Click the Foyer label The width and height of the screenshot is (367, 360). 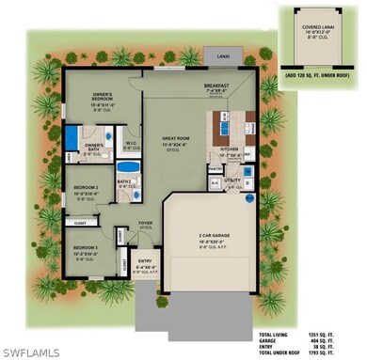click(x=145, y=223)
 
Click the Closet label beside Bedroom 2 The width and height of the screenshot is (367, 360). click(x=80, y=224)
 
